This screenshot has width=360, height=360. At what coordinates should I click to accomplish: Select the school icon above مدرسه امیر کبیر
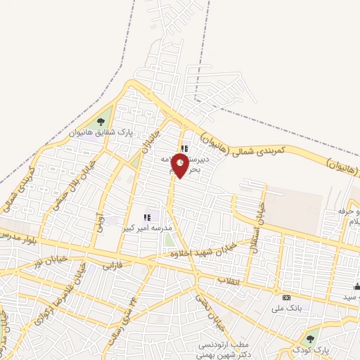(x=148, y=218)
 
